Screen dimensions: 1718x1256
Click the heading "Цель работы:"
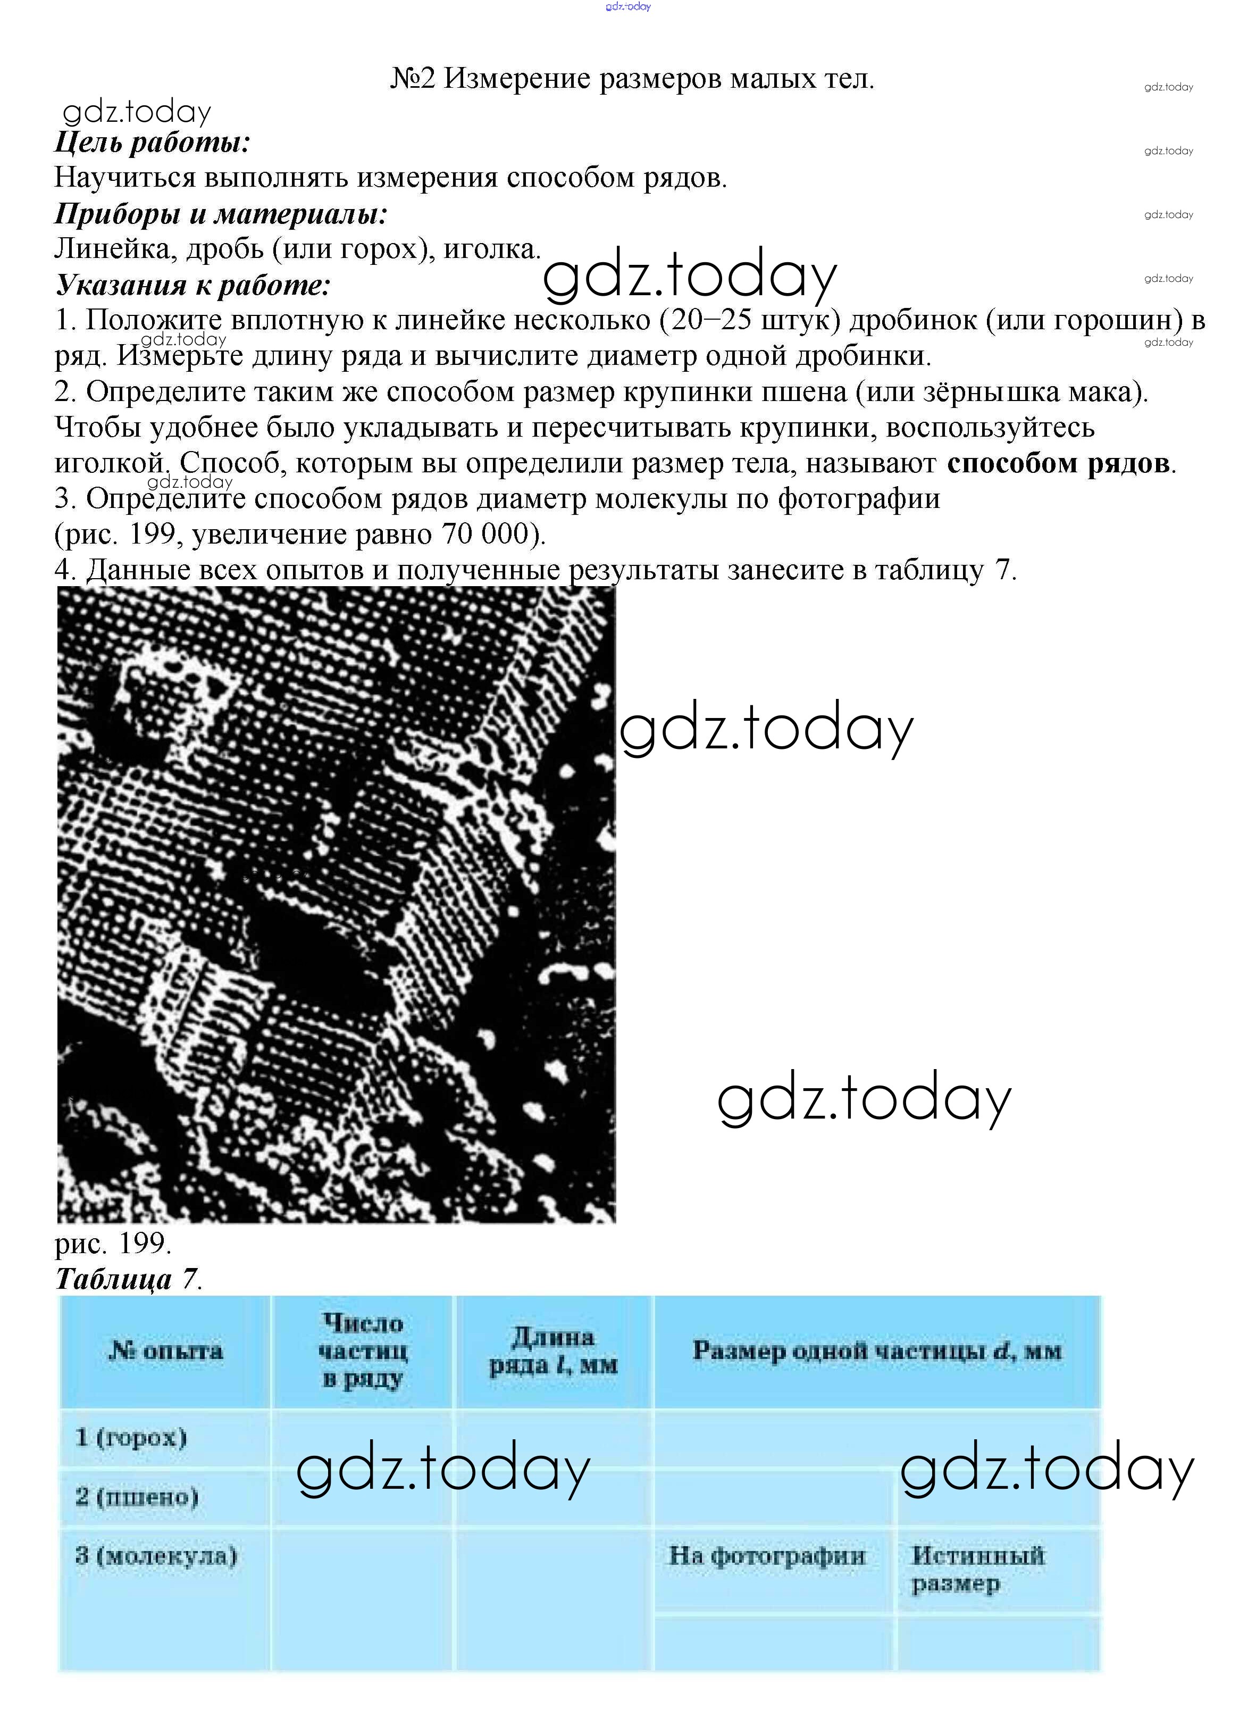click(x=152, y=142)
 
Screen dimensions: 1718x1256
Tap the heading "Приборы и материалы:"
click(x=221, y=214)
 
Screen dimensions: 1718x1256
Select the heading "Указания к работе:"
click(x=193, y=285)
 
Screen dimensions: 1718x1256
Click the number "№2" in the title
click(x=412, y=78)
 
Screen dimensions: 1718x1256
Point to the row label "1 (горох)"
click(x=131, y=1438)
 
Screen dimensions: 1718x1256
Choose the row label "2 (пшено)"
click(x=137, y=1497)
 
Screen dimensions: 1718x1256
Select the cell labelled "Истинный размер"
click(x=978, y=1569)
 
